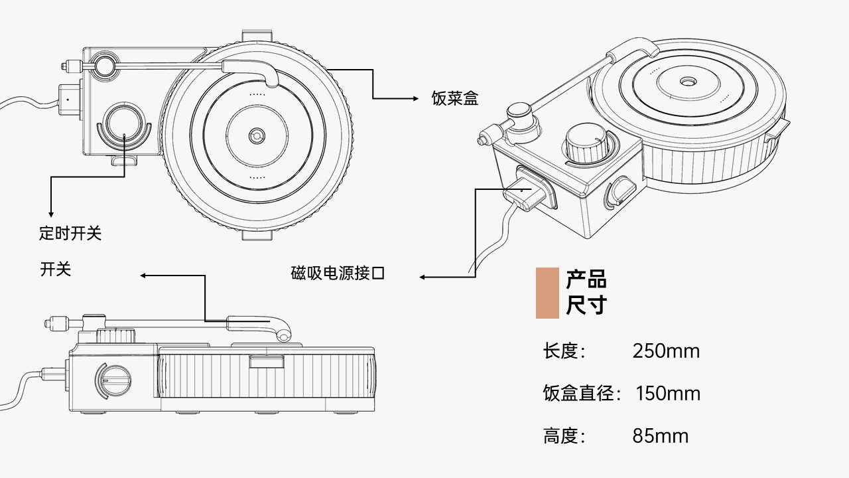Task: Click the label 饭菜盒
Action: (454, 99)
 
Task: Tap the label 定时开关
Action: (70, 233)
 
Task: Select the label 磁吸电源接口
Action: (338, 273)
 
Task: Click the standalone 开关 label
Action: (56, 269)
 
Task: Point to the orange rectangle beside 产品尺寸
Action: (547, 293)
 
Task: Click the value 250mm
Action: (666, 351)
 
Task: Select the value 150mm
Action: (668, 393)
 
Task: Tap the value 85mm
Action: (661, 436)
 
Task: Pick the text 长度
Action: (562, 351)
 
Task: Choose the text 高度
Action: (562, 436)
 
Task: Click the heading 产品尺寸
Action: (586, 292)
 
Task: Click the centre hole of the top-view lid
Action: (256, 135)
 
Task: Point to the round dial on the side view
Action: (113, 380)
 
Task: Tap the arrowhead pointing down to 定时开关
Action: (51, 214)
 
